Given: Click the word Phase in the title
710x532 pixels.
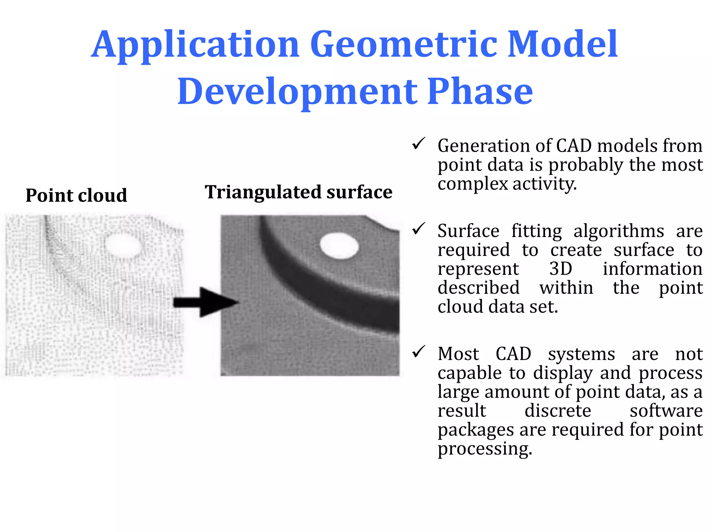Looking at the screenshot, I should [x=480, y=91].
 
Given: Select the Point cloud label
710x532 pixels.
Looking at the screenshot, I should [x=76, y=195].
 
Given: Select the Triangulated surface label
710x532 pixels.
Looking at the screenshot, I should [x=298, y=192].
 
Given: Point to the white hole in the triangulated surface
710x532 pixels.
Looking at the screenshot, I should [x=339, y=245].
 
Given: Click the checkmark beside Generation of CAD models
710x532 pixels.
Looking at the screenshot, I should [x=419, y=143].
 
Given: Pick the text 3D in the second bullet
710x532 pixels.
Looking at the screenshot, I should [x=561, y=269].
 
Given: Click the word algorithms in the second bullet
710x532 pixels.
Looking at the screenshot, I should [x=618, y=231].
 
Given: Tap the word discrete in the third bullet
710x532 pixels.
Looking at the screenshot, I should [x=557, y=411].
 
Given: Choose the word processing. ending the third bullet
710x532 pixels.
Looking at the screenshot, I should [x=484, y=449].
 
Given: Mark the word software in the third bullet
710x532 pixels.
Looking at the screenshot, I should [x=666, y=411].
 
